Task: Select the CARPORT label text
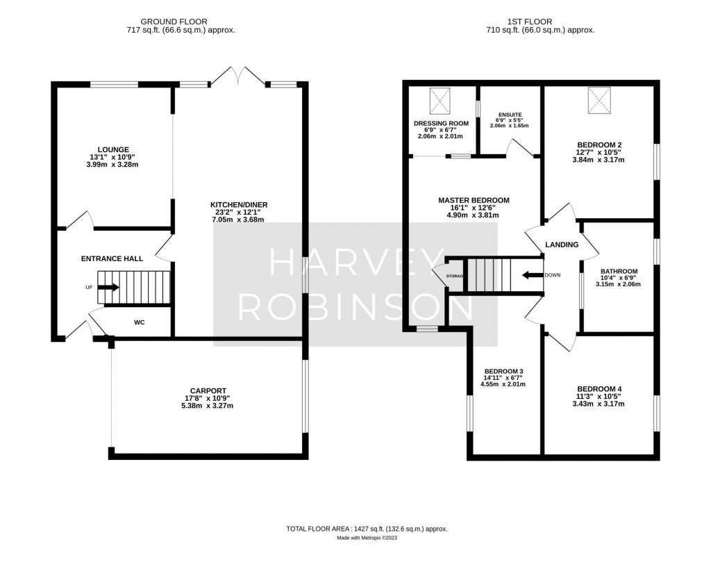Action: (x=208, y=390)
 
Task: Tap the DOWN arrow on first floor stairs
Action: (x=533, y=275)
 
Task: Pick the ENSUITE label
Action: (x=510, y=115)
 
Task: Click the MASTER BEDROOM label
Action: (x=474, y=200)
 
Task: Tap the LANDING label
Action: (x=562, y=245)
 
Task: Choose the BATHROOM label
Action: (x=619, y=271)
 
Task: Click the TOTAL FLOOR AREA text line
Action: (x=367, y=529)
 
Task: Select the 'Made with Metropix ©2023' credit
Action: (x=367, y=538)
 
